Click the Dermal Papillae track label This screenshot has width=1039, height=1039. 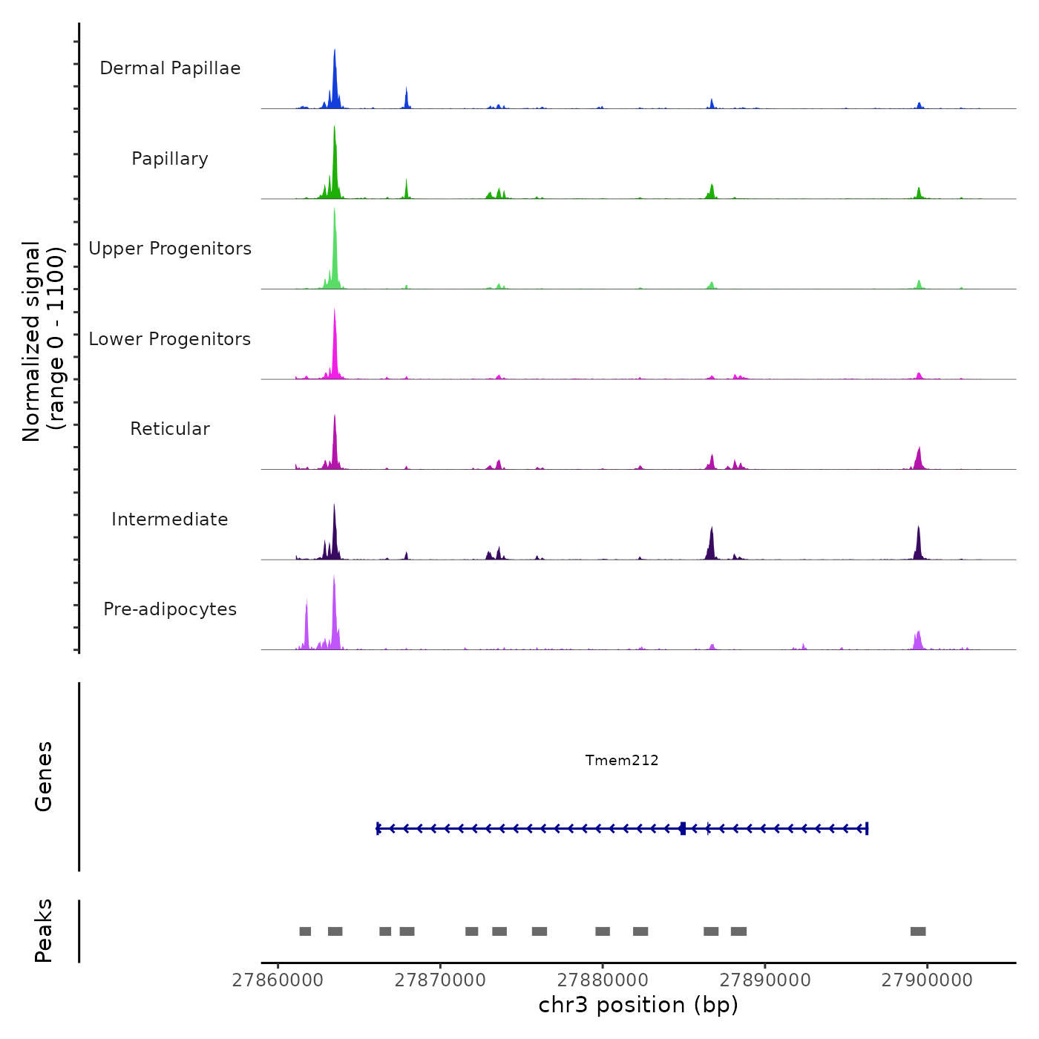(170, 68)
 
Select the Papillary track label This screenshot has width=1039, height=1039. (170, 159)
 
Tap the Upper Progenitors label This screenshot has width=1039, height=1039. (170, 249)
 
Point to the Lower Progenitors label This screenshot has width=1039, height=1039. (170, 339)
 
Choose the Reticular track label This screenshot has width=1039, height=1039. (170, 429)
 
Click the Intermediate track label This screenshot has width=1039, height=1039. (170, 519)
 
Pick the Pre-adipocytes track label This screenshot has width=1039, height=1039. (170, 609)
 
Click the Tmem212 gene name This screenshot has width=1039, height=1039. (622, 760)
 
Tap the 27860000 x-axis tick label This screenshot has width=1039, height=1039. (278, 980)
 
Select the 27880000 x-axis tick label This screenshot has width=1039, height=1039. (603, 980)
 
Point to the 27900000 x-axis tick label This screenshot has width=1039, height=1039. (927, 980)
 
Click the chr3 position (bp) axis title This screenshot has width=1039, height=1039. (638, 1005)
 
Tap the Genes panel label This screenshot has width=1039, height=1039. (44, 776)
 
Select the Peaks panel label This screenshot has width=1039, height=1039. (44, 931)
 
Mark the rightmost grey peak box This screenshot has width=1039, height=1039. (918, 931)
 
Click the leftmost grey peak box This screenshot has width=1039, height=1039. (305, 931)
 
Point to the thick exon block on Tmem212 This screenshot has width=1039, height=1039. (683, 828)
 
